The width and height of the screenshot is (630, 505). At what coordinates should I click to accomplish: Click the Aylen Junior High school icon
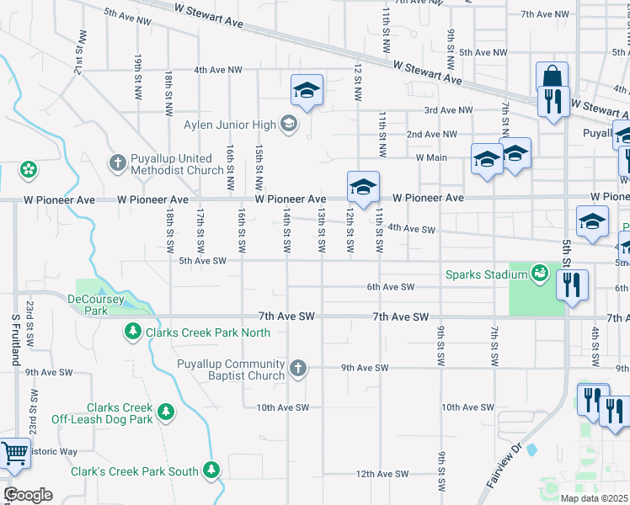pos(289,125)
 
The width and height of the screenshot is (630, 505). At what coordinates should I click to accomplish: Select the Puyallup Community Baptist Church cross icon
pos(296,368)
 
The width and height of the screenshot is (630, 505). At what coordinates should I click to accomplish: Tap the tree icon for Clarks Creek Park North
pos(132,332)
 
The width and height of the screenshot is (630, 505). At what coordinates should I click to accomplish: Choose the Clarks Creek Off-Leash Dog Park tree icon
pos(167,412)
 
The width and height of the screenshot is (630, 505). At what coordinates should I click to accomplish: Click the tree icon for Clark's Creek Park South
pos(212,471)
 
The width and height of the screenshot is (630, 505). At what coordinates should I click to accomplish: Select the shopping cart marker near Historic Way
pos(13,454)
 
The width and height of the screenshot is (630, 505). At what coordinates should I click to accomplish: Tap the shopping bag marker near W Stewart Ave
pos(551,77)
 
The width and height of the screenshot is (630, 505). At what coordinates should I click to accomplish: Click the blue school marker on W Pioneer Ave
pos(363,187)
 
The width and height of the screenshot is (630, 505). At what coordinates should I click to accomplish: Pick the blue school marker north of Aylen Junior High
pos(307,90)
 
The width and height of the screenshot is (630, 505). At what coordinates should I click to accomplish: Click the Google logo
pos(28,495)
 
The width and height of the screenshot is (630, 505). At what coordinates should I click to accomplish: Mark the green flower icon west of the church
pos(29,169)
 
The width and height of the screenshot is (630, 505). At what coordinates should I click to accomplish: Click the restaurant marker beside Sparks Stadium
pos(573,286)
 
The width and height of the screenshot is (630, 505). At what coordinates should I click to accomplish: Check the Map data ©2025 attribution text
pos(593,498)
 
